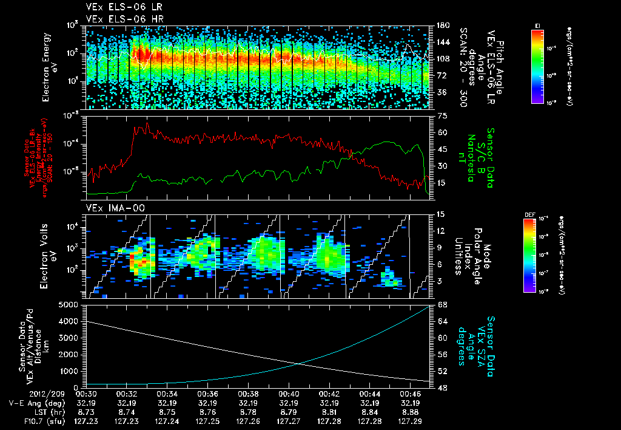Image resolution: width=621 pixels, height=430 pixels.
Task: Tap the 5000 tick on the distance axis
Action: point(72,304)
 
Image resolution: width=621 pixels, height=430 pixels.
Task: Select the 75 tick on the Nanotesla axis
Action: point(441,115)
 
